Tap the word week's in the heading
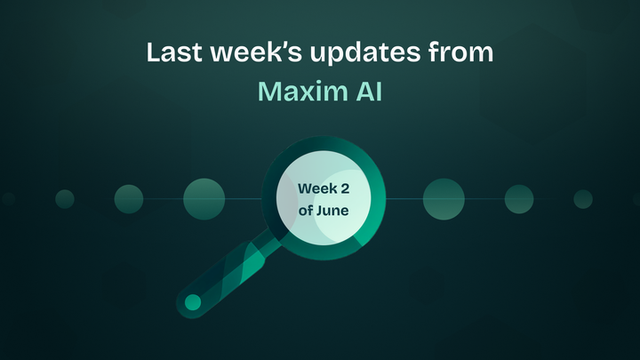(250, 52)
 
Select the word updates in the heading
(353, 53)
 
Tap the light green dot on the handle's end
(192, 303)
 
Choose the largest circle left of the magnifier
(204, 199)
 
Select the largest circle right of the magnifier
(444, 199)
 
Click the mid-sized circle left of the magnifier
(129, 199)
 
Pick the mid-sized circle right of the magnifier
(519, 199)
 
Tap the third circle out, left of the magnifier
(65, 199)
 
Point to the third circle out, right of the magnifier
(583, 199)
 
